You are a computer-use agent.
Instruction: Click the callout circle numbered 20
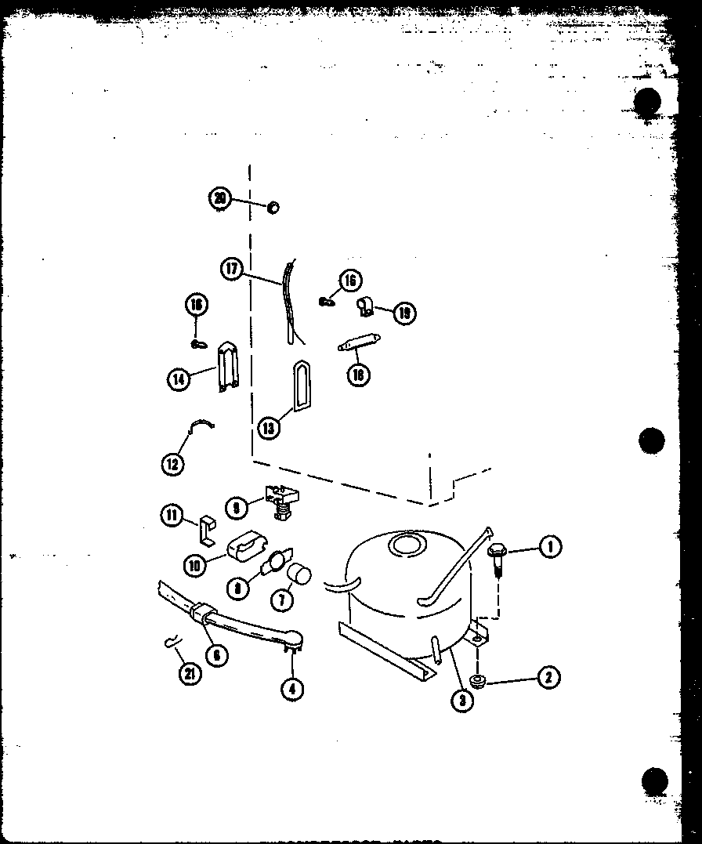221,199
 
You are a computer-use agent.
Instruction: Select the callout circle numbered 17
230,269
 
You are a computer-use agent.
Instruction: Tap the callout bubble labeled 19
404,313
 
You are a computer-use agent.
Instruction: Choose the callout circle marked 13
268,427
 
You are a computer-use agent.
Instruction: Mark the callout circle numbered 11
172,515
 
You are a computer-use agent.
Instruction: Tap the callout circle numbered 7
280,601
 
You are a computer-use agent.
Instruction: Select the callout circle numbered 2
548,676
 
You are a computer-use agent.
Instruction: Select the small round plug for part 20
273,208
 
